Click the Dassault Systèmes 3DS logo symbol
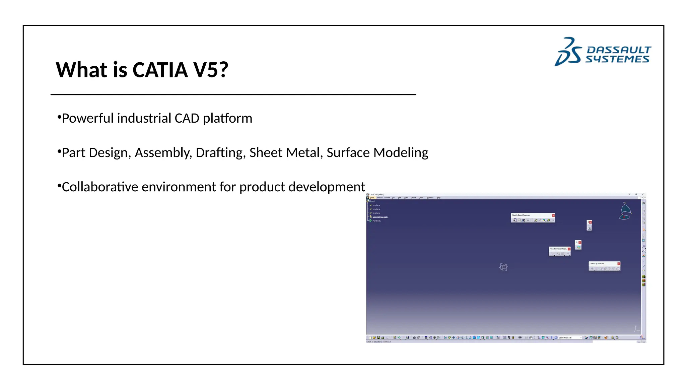568,52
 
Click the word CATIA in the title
160,70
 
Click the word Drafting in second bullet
219,153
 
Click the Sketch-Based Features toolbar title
521,215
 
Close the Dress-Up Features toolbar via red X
619,264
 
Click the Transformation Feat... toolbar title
558,249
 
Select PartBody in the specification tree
376,221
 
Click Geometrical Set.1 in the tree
380,217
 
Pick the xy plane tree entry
376,205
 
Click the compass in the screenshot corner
625,211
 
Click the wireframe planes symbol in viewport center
503,267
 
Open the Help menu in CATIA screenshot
438,198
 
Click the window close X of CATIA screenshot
642,194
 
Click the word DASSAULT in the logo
619,50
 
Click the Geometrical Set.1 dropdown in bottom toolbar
570,338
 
